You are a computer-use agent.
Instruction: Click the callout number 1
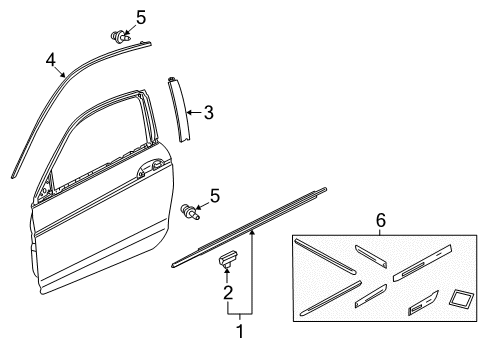[240, 331]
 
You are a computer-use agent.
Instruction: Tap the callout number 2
[228, 293]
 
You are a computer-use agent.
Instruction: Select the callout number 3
[209, 112]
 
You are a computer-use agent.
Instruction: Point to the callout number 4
[51, 60]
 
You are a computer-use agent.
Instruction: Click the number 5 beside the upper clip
[141, 17]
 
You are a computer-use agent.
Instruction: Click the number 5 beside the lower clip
[215, 196]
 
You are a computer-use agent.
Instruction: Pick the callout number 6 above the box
[381, 220]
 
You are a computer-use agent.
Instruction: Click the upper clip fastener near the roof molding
[118, 36]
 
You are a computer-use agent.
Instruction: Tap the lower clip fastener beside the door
[190, 212]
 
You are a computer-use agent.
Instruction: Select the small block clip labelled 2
[228, 258]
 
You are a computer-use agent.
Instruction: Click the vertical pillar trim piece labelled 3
[179, 110]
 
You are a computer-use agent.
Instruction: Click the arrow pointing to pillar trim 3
[194, 112]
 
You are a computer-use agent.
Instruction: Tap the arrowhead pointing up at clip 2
[227, 271]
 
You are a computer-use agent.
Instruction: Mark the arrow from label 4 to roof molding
[60, 72]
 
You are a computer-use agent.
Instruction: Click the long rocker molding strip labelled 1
[249, 227]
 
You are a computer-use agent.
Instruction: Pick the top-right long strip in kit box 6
[422, 263]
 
